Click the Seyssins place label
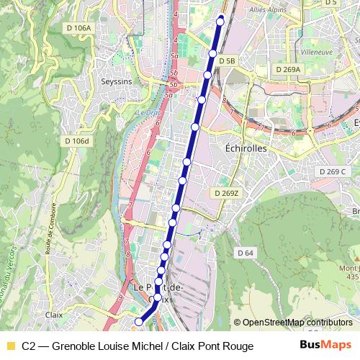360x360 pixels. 117,81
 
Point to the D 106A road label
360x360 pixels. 78,28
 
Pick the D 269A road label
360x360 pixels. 289,69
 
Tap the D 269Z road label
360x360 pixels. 226,193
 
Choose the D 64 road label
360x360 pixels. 246,253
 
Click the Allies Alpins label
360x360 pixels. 266,11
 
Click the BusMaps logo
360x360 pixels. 325,346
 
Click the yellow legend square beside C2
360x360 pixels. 10,346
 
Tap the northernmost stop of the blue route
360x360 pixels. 221,20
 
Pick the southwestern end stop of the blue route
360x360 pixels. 139,321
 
